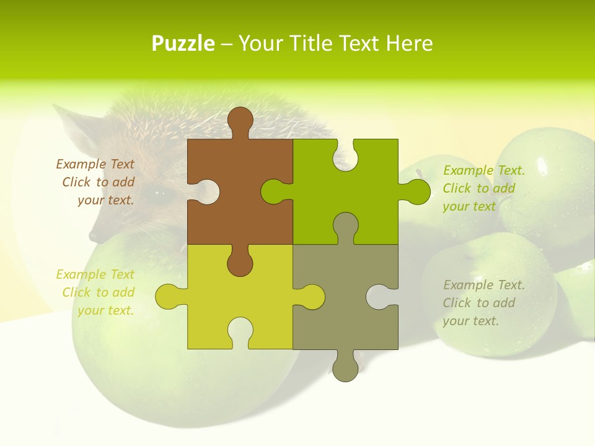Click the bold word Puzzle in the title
183,43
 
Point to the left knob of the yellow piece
168,297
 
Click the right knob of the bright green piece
417,191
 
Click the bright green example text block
483,188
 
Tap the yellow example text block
97,292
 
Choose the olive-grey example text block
483,303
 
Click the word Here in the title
409,43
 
